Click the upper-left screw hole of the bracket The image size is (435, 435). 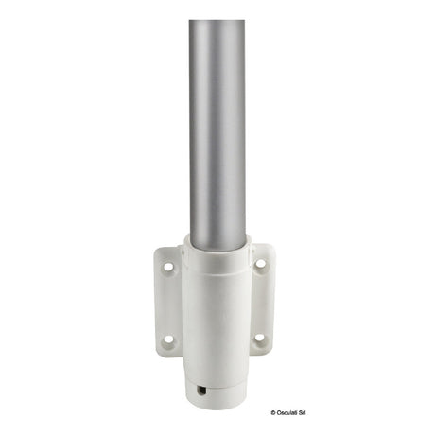[x=168, y=267]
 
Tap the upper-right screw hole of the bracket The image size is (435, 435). [x=260, y=263]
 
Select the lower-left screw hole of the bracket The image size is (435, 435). [x=169, y=339]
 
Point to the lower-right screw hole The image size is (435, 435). [x=259, y=338]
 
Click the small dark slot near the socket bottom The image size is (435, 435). [x=200, y=391]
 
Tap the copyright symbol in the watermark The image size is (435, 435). [x=273, y=413]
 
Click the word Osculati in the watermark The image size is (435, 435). [x=287, y=413]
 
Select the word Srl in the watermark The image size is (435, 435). [x=303, y=413]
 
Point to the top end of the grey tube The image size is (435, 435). [x=217, y=21]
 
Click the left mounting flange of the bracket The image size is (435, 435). [x=167, y=303]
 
